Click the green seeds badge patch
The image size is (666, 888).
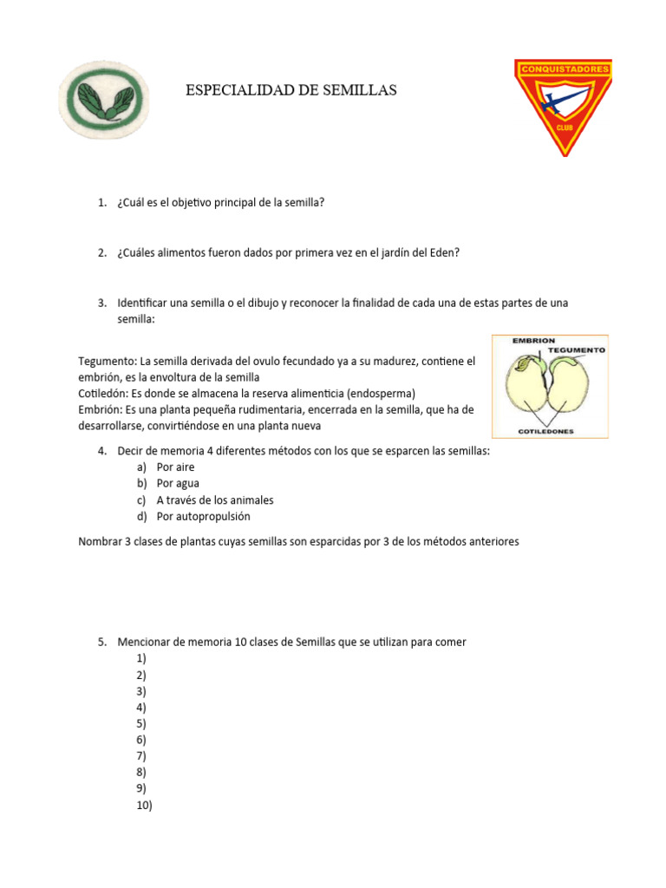coord(103,102)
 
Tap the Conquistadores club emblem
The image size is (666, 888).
coord(563,104)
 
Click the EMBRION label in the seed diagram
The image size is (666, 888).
coord(534,341)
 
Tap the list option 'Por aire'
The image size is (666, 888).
coord(175,467)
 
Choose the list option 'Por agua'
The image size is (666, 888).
coord(178,484)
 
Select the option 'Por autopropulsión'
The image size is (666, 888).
coord(203,517)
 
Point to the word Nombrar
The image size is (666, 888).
coord(101,541)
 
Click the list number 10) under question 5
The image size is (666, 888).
coord(143,806)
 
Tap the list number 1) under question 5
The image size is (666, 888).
coord(140,658)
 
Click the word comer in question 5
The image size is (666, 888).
coord(451,643)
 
